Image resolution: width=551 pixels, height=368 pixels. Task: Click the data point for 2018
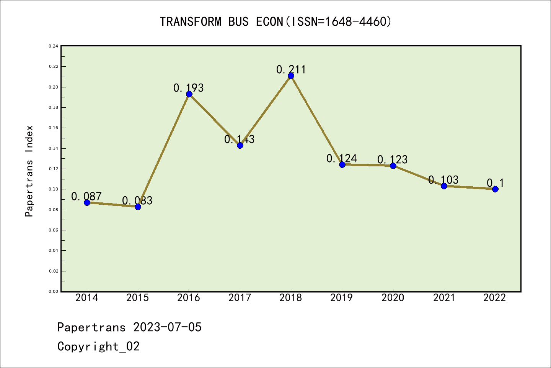(x=291, y=76)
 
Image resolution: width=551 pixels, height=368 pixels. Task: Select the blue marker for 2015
(x=138, y=207)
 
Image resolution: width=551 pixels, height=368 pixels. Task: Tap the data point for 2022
(x=495, y=189)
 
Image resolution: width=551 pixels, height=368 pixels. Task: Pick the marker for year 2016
(x=189, y=94)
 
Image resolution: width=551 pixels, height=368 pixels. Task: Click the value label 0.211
(x=291, y=69)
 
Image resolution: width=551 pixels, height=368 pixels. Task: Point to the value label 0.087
(x=86, y=197)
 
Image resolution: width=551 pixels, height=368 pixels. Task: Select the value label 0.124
(x=342, y=158)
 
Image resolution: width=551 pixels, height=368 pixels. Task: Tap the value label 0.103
(x=443, y=180)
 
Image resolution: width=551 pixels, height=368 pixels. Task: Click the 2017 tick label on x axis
(x=240, y=298)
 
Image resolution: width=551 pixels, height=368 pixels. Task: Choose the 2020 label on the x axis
(x=393, y=298)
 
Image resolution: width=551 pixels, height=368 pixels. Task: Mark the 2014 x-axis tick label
(x=87, y=298)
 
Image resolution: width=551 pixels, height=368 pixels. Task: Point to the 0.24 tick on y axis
(x=53, y=46)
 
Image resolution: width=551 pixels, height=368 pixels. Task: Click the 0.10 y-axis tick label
(x=53, y=189)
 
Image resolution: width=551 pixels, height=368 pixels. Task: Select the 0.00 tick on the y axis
(x=53, y=291)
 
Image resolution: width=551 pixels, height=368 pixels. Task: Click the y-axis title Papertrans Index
(x=29, y=171)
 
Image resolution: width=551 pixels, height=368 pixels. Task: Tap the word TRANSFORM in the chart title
(x=190, y=22)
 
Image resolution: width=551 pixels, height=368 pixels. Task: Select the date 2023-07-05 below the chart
(x=167, y=327)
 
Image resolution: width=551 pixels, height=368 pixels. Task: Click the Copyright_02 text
(x=98, y=347)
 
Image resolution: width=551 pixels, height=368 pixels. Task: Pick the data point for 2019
(x=342, y=164)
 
